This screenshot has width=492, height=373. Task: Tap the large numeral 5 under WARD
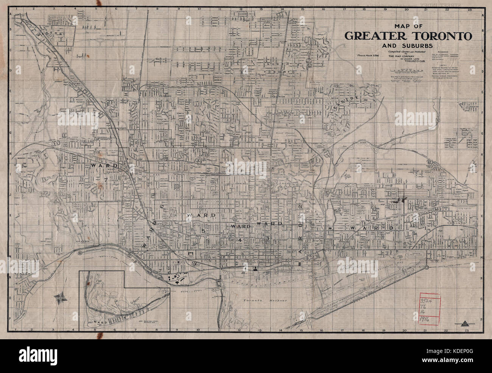click(x=203, y=230)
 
